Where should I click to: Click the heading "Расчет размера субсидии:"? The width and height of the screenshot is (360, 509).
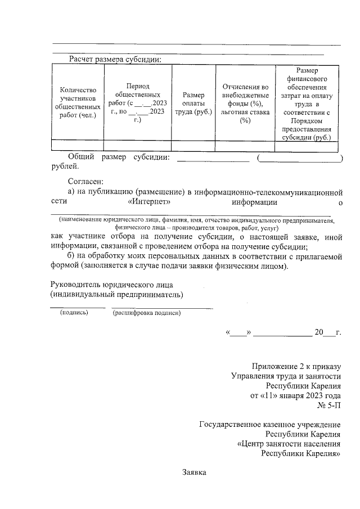point(115,59)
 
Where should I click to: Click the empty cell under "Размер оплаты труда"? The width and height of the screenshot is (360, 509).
point(193,146)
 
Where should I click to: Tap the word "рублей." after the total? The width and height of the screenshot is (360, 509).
point(65,166)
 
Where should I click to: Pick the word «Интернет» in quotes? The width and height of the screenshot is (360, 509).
point(149,202)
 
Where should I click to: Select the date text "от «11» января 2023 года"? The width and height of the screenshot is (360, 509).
point(295,395)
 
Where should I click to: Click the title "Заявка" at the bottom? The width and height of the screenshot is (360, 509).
point(195,472)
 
